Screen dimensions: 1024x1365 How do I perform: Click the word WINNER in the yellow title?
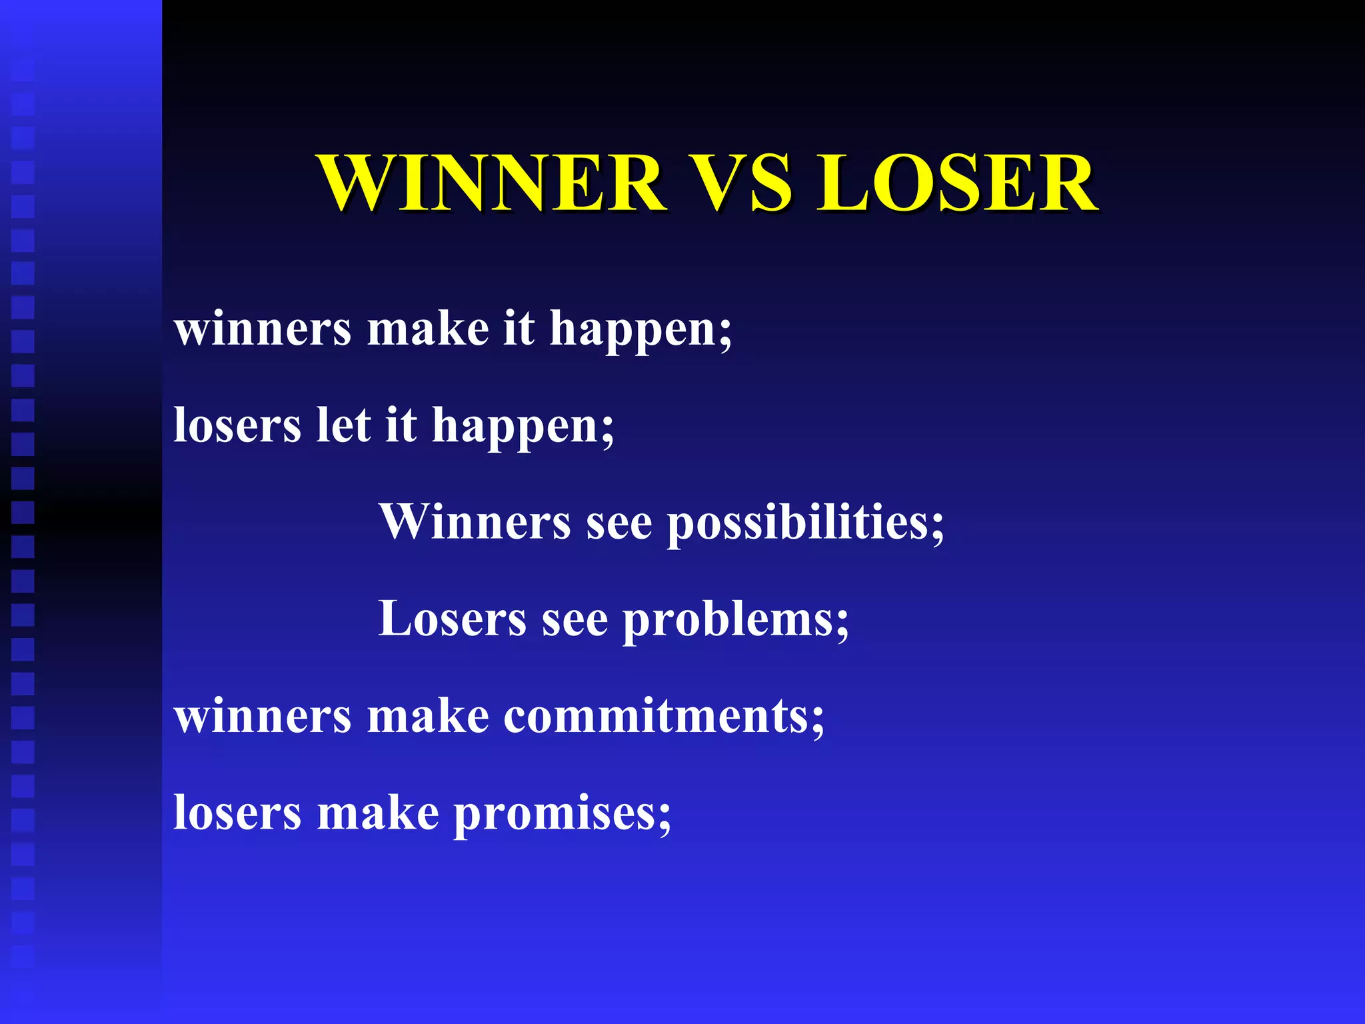coord(492,183)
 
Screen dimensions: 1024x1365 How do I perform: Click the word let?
coord(343,425)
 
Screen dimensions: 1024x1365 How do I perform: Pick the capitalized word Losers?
coord(452,619)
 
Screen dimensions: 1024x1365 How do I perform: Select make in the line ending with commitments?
coord(428,716)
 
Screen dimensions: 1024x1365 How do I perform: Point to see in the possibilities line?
coord(619,523)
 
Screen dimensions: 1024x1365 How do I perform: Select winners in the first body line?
coord(262,329)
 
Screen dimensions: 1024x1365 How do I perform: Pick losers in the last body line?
coord(237,813)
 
